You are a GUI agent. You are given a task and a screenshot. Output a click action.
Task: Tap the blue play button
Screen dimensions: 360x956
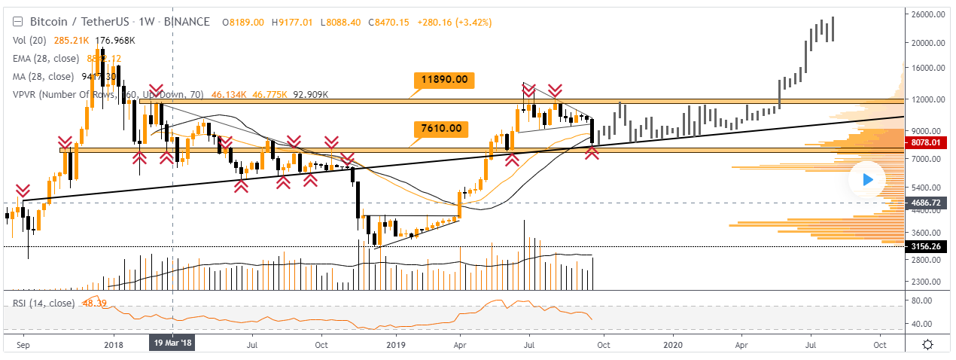pos(867,179)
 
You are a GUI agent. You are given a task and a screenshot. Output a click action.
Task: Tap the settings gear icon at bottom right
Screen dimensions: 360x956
pos(928,344)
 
